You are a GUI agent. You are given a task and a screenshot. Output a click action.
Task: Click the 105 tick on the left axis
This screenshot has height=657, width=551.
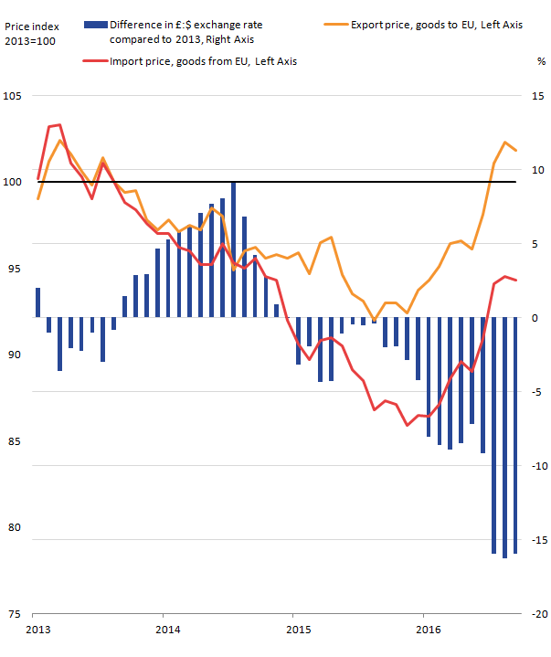[15, 96]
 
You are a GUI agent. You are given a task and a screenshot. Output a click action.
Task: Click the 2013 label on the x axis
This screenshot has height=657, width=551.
[38, 630]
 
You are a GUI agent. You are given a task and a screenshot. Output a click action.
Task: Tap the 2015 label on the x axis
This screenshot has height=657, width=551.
[297, 630]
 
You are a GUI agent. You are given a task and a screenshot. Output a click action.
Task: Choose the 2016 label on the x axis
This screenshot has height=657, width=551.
[427, 630]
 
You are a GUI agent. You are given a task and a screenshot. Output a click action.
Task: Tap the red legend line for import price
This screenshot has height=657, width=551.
[93, 61]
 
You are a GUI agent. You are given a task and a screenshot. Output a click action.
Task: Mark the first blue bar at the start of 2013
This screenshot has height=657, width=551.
[37, 302]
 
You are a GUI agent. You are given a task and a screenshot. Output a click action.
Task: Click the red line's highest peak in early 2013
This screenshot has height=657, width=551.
[58, 124]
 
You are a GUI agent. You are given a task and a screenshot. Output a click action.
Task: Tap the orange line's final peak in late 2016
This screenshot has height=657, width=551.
[504, 143]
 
